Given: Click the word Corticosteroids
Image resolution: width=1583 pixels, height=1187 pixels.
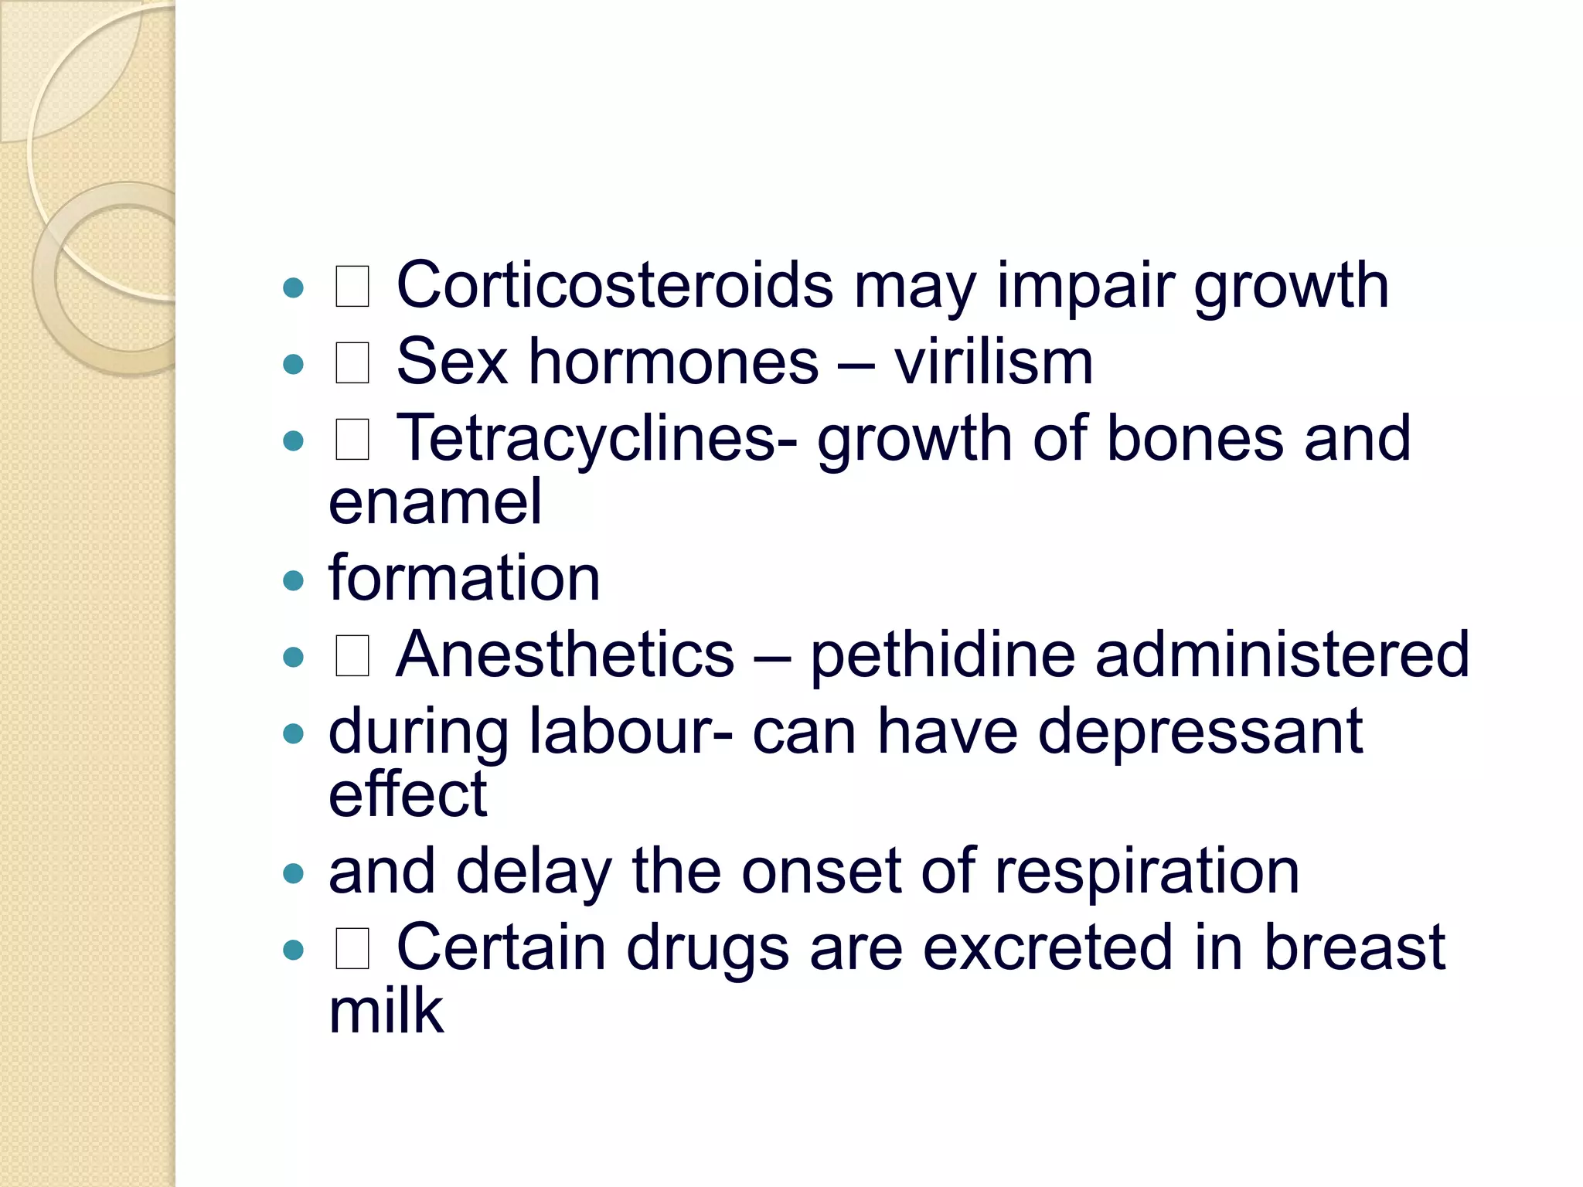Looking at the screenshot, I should coord(614,285).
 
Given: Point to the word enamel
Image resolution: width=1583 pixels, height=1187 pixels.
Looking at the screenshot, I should coord(435,502).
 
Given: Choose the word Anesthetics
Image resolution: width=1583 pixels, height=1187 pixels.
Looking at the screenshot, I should coord(564,655).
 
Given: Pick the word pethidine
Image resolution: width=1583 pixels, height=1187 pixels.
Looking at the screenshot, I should coord(942,655).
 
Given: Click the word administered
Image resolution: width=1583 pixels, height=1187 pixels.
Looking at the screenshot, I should coord(1282,655).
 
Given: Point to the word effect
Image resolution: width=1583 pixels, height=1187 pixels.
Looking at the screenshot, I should coord(407,794).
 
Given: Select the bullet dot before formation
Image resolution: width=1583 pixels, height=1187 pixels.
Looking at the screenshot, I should coord(294,580).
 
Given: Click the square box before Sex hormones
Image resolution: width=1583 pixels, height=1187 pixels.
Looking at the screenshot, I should coord(352,363).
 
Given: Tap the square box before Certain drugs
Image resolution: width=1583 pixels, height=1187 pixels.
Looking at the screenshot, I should coord(352,949).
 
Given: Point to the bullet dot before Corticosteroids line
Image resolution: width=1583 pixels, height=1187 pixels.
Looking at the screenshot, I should coord(294,288).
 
